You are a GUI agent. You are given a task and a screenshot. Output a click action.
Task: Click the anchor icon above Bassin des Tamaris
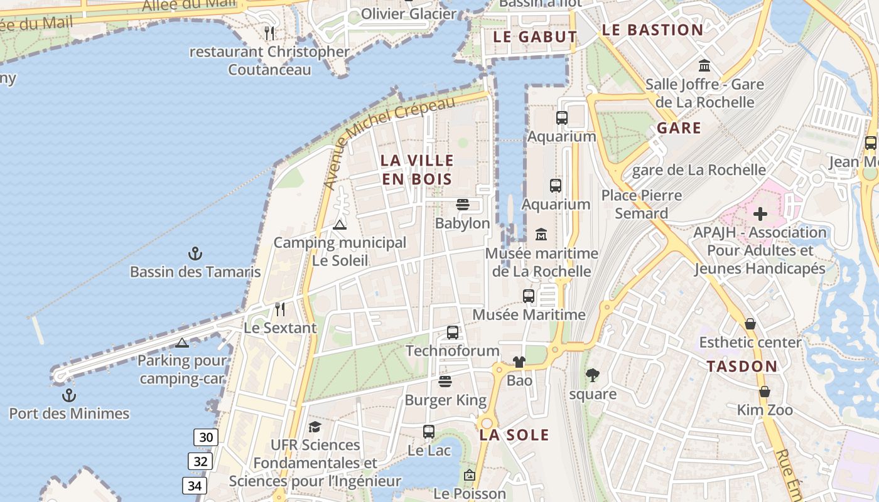pyautogui.click(x=195, y=254)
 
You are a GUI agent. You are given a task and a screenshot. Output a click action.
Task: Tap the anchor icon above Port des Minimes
pyautogui.click(x=69, y=395)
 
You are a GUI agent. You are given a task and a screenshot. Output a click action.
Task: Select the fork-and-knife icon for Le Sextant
pyautogui.click(x=280, y=309)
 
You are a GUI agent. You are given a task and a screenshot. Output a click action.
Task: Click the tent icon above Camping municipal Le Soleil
pyautogui.click(x=340, y=225)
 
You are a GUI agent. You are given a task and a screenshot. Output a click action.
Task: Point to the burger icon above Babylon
pyautogui.click(x=463, y=205)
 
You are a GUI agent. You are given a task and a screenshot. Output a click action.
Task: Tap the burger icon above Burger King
pyautogui.click(x=445, y=382)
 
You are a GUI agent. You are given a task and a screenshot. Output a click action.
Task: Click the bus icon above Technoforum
pyautogui.click(x=453, y=333)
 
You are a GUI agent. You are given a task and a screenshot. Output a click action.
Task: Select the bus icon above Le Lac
pyautogui.click(x=429, y=432)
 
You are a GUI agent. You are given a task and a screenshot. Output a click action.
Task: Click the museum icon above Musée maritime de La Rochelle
pyautogui.click(x=541, y=235)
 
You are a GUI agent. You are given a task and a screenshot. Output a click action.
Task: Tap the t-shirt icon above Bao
pyautogui.click(x=519, y=362)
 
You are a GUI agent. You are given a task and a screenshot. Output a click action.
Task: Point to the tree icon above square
pyautogui.click(x=592, y=375)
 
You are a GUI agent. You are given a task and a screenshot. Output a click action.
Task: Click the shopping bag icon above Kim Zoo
pyautogui.click(x=765, y=392)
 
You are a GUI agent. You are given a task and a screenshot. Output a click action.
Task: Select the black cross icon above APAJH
pyautogui.click(x=760, y=214)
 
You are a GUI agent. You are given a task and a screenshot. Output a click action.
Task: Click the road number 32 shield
pyautogui.click(x=200, y=462)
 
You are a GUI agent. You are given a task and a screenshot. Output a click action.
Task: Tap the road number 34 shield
pyautogui.click(x=195, y=485)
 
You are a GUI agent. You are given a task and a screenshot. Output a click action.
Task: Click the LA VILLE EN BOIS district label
pyautogui.click(x=416, y=169)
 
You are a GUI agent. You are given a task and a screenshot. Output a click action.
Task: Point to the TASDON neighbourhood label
pyautogui.click(x=742, y=366)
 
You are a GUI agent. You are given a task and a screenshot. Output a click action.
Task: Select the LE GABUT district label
pyautogui.click(x=535, y=36)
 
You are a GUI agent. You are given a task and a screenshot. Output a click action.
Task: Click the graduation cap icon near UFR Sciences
pyautogui.click(x=315, y=427)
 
